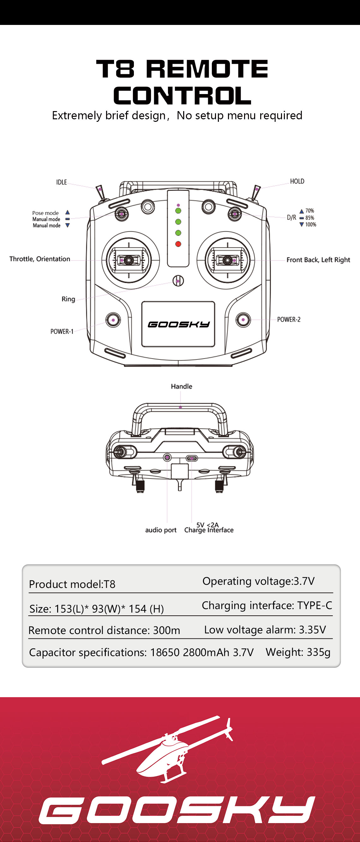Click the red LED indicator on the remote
[x=178, y=244]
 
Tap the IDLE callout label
[x=62, y=182]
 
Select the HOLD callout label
[x=297, y=181]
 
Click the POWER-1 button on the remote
[x=113, y=320]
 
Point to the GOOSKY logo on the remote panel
[x=178, y=324]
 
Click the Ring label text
[x=68, y=299]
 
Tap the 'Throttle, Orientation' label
[x=39, y=259]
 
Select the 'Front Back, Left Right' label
[x=318, y=260]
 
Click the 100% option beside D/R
[x=310, y=225]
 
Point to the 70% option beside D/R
[x=309, y=211]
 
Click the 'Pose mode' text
[x=45, y=213]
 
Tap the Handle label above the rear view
[x=182, y=386]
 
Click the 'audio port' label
[x=160, y=530]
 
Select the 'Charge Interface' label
[x=209, y=530]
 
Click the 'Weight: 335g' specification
[x=298, y=652]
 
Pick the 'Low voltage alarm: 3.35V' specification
[x=265, y=630]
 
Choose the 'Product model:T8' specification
[x=72, y=584]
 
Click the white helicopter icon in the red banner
[x=167, y=749]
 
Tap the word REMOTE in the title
[x=207, y=69]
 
